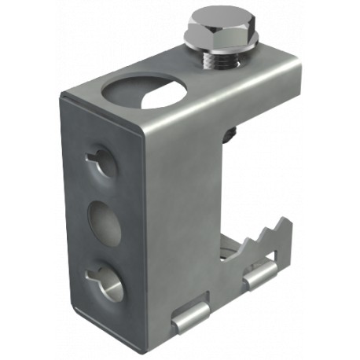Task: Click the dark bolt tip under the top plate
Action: point(228,134)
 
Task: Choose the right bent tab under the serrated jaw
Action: point(260,275)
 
